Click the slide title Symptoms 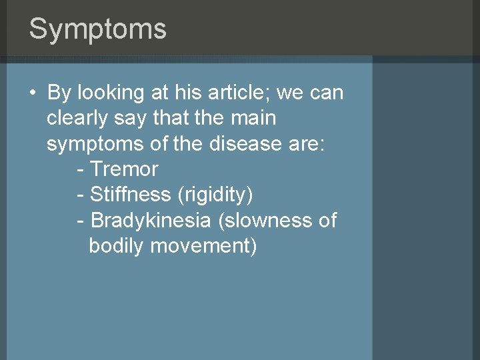point(97,29)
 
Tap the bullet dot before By point(33,93)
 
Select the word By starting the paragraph point(59,93)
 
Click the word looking point(109,93)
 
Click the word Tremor point(124,169)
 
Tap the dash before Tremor point(81,169)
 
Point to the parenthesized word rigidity point(215,195)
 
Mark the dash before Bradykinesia point(81,220)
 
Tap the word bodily point(116,245)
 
